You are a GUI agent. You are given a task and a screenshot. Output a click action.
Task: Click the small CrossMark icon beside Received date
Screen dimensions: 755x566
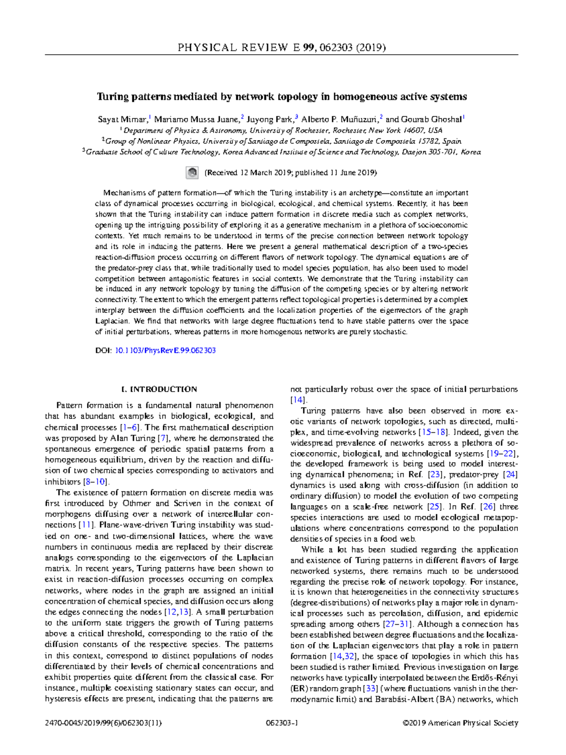pos(192,173)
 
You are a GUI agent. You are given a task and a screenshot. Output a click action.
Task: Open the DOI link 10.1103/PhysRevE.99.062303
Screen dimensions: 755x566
pos(165,351)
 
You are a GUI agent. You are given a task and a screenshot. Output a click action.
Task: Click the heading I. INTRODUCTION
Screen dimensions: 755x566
pos(159,389)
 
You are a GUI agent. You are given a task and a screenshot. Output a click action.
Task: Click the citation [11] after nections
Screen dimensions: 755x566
pos(87,525)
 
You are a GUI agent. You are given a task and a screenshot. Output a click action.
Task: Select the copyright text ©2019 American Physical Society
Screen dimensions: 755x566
pos(460,723)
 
